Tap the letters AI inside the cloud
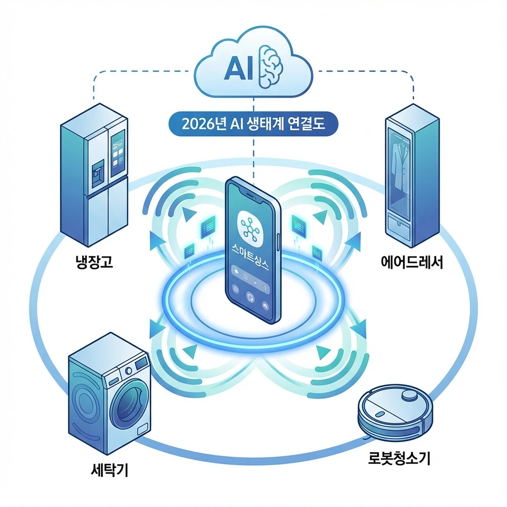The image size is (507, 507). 240,70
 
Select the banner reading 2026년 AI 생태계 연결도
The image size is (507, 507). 253,123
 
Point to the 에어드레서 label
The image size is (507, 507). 414,261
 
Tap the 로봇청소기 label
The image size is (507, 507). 399,459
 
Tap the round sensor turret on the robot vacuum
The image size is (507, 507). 409,395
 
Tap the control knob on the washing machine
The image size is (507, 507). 129,370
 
